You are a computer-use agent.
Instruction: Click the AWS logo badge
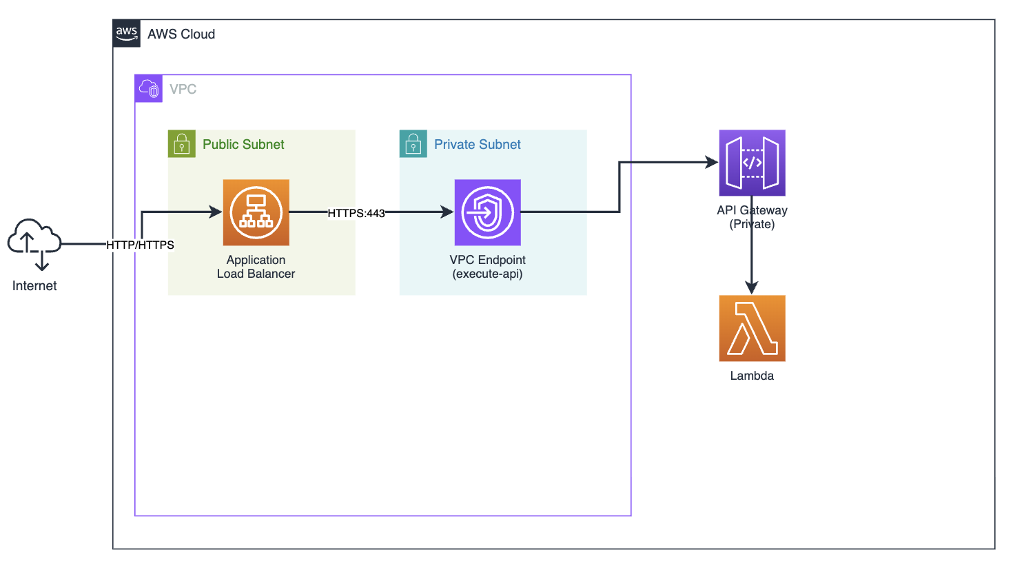(x=127, y=33)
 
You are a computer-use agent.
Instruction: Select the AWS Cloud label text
(x=181, y=34)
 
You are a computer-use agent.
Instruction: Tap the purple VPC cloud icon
(x=149, y=89)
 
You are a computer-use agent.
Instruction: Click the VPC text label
(x=183, y=90)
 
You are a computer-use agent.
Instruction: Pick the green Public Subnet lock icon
(x=182, y=144)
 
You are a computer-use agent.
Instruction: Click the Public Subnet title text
(x=243, y=145)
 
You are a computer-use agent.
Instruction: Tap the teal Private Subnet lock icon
(x=413, y=144)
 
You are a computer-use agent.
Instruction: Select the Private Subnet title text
(x=478, y=145)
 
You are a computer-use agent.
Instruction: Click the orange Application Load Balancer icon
(x=256, y=212)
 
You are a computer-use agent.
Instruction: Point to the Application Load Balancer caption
(x=256, y=267)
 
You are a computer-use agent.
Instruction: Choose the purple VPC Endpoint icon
(x=488, y=212)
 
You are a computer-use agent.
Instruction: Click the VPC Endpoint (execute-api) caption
(x=488, y=267)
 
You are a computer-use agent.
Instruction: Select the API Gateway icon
(x=752, y=163)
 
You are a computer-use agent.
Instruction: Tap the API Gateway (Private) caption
(x=752, y=217)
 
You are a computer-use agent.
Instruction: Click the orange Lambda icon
(x=752, y=328)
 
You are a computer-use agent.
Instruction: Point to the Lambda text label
(x=752, y=376)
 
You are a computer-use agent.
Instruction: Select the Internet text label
(x=34, y=286)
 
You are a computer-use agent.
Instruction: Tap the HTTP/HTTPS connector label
(x=140, y=245)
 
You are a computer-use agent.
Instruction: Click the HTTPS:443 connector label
(x=356, y=213)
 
